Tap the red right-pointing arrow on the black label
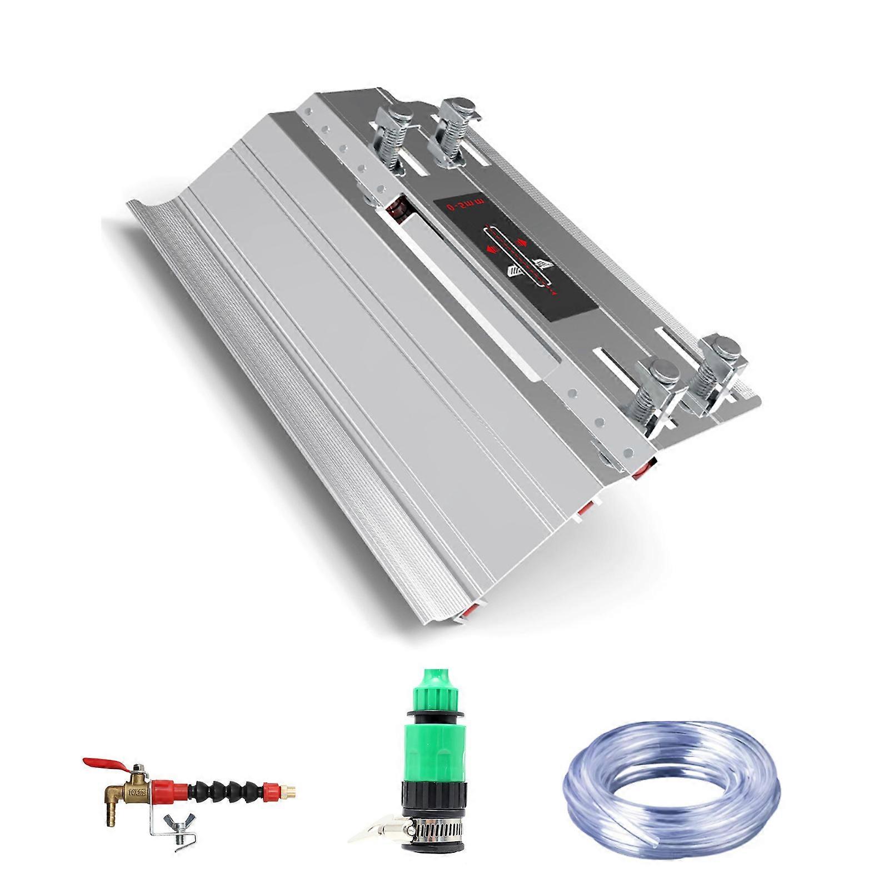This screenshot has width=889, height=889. [x=523, y=241]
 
